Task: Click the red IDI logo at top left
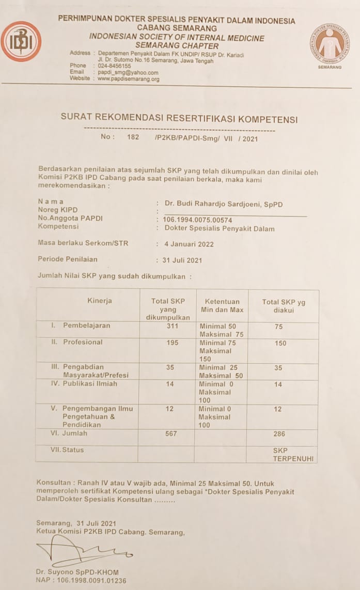click(x=21, y=41)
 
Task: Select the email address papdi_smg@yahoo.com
click(x=128, y=73)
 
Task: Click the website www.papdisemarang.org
click(x=128, y=79)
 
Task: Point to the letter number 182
click(x=133, y=137)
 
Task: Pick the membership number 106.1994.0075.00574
click(x=197, y=220)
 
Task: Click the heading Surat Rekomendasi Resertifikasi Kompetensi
click(x=179, y=119)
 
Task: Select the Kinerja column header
click(x=100, y=301)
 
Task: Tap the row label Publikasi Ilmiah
click(x=90, y=384)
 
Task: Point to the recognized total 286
click(x=279, y=434)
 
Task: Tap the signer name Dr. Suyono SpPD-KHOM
click(x=77, y=572)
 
